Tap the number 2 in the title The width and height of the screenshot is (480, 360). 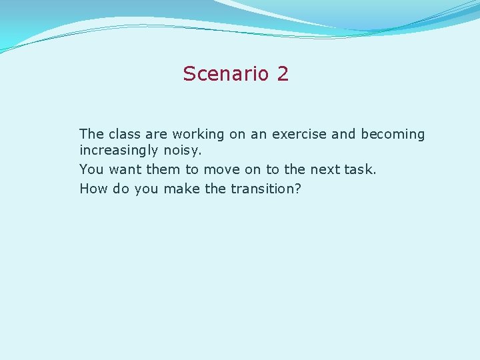coord(282,73)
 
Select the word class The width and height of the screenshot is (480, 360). coord(122,134)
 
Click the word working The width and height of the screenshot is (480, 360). coord(199,135)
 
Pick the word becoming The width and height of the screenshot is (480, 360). coord(393,135)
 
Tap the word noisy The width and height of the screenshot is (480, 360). coord(182,152)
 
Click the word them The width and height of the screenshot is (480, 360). coord(163,169)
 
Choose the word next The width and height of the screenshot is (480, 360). coord(325,169)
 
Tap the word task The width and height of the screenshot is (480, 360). coord(360,169)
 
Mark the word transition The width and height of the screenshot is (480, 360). coord(261,189)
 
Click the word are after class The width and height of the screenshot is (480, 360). coord(153,134)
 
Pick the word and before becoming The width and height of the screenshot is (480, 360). coord(343,134)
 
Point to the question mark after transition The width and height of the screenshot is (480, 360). coord(297,189)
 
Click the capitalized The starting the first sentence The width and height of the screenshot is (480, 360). coord(91,134)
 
